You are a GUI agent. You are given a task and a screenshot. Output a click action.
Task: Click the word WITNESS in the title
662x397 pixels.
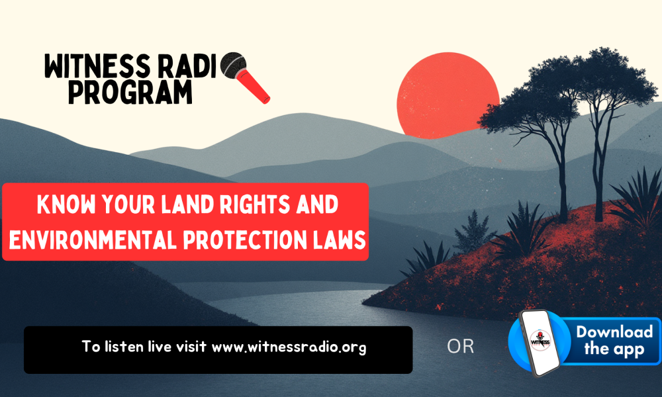(x=97, y=66)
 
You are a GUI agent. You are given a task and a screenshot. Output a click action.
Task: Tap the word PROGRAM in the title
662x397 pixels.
(x=130, y=92)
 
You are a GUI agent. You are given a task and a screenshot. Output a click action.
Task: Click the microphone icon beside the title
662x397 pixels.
(x=245, y=77)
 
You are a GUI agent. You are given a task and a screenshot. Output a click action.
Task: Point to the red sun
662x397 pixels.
(x=448, y=95)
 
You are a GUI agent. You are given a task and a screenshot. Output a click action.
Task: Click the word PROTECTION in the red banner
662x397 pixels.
(x=245, y=240)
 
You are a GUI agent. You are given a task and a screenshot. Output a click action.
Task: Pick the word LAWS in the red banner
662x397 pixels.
(x=340, y=240)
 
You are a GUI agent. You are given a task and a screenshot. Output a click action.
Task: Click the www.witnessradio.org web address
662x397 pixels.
(x=289, y=347)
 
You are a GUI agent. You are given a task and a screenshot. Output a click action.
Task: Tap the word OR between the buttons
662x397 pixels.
(x=460, y=346)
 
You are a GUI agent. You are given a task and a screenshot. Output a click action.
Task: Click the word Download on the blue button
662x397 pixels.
(x=615, y=331)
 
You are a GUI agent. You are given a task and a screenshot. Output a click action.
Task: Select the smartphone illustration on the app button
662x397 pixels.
(x=540, y=343)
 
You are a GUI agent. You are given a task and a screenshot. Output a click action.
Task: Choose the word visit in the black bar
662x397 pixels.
(x=191, y=346)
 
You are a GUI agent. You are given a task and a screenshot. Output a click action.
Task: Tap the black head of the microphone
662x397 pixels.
(x=233, y=66)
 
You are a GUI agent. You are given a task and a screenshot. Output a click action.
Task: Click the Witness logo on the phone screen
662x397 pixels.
(x=540, y=339)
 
